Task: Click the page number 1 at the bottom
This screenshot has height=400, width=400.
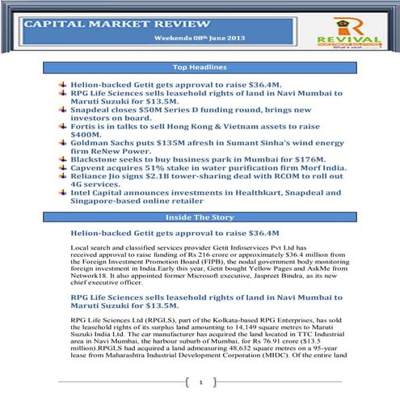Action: coord(200,382)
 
